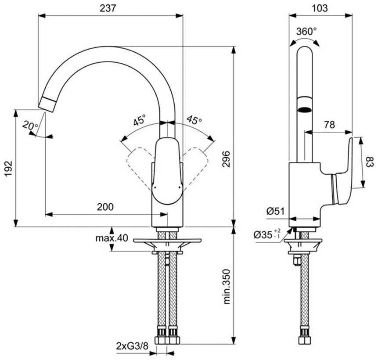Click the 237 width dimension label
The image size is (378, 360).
click(108, 8)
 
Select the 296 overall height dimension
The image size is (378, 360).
click(227, 159)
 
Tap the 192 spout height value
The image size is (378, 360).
click(8, 168)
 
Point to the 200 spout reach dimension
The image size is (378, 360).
click(105, 207)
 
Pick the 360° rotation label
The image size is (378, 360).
click(306, 31)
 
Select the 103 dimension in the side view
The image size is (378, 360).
click(320, 8)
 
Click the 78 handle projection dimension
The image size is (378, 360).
click(329, 125)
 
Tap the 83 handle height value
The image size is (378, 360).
click(370, 162)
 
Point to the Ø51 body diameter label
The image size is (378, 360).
click(276, 212)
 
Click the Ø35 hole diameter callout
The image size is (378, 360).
click(267, 234)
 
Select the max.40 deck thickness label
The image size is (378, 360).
click(112, 238)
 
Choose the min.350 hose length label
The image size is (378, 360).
click(227, 287)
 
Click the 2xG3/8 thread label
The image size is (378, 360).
click(132, 346)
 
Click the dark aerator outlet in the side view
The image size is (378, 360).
click(305, 109)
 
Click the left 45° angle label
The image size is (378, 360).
click(140, 120)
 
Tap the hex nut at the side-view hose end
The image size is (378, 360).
click(305, 341)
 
